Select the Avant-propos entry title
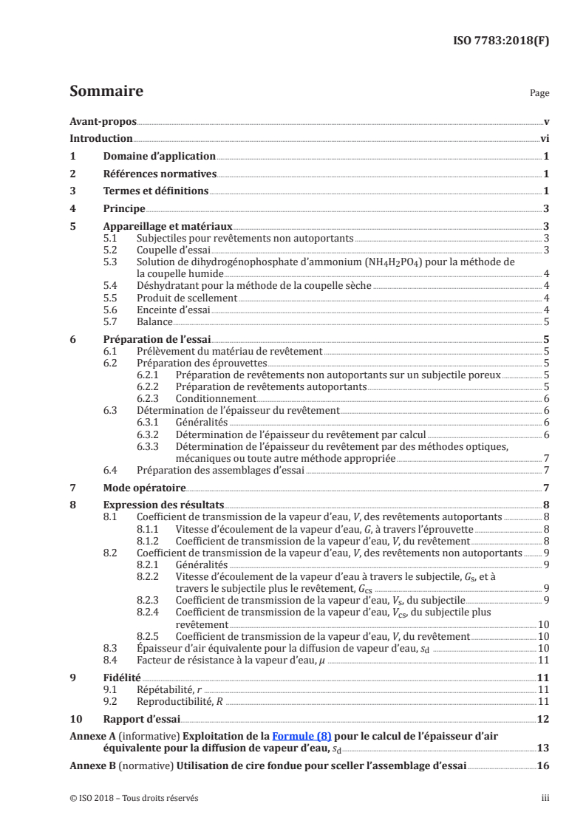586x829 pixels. point(103,121)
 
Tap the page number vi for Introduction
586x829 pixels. point(544,138)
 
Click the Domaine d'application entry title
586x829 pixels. point(159,156)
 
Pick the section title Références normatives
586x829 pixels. point(160,174)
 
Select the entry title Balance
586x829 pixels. point(155,321)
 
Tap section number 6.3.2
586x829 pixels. point(150,434)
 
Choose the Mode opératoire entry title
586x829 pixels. point(144,488)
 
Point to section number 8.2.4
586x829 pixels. point(150,612)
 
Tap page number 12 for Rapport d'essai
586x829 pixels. point(543,719)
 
